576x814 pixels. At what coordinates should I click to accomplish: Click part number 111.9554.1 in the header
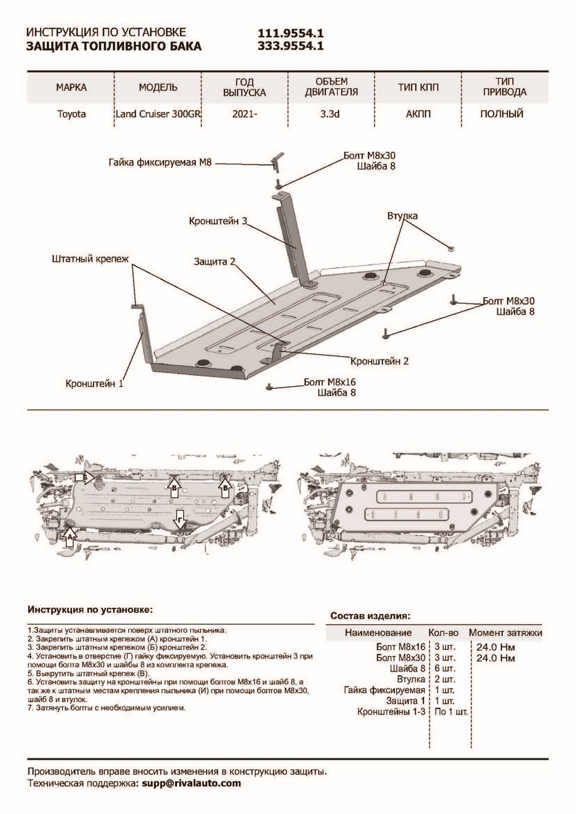point(290,33)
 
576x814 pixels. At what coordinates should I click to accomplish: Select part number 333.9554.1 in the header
point(290,46)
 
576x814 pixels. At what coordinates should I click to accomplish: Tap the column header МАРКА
point(71,88)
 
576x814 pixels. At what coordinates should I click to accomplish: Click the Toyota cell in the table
point(71,114)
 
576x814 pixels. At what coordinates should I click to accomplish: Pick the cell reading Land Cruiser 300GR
point(159,114)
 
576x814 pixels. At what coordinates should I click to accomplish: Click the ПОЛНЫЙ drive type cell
point(501,114)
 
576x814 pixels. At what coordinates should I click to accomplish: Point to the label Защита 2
point(214,261)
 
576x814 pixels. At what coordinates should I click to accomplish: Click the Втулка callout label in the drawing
point(402,215)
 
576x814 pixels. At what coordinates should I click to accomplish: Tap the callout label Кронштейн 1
point(94,383)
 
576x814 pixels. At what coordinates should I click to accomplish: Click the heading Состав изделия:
point(370,616)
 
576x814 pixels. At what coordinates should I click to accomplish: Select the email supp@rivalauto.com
point(191,783)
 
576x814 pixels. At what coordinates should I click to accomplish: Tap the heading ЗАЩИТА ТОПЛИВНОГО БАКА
point(113,46)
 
